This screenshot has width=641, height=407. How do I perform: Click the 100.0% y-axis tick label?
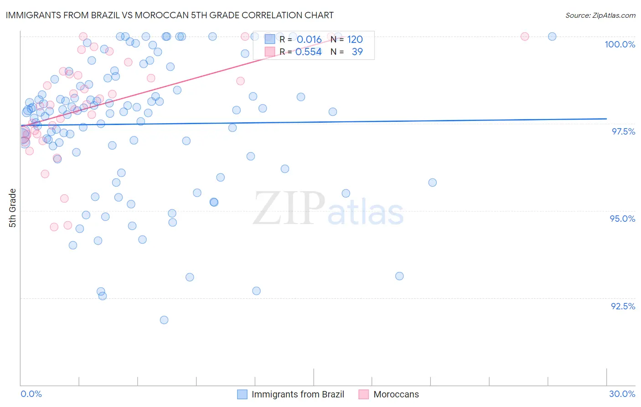[620, 44]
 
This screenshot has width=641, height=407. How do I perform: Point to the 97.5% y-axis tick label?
[623, 131]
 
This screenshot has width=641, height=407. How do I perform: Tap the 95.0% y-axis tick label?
[622, 219]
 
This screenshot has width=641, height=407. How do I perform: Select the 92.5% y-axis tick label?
[623, 306]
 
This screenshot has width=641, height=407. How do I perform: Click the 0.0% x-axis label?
[31, 394]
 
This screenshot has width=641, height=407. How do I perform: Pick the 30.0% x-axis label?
[622, 394]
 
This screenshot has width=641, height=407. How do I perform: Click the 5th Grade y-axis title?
[12, 208]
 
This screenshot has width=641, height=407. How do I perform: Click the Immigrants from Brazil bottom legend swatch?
[242, 394]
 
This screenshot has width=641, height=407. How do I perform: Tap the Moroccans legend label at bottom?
[396, 394]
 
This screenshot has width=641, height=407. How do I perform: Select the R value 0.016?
[309, 40]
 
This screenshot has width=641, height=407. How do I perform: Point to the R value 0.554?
[308, 52]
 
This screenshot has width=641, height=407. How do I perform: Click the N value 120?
[355, 40]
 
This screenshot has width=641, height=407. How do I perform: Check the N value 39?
[357, 52]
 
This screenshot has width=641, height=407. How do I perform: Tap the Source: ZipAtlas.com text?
[600, 16]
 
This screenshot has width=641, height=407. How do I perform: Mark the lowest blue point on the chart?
[164, 320]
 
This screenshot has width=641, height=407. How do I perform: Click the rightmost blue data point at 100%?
[552, 37]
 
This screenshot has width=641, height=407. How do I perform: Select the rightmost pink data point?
[525, 37]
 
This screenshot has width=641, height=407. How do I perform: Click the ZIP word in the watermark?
[289, 209]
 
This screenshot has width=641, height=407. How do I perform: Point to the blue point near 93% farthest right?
[399, 276]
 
